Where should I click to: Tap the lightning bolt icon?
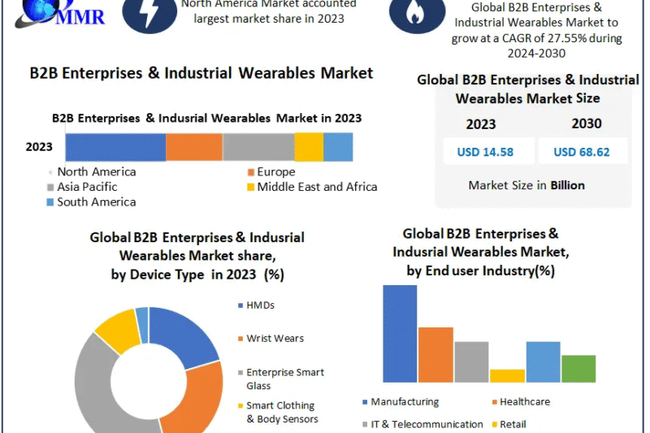149,14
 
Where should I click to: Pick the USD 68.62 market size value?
581,151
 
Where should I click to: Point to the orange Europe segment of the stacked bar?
194,147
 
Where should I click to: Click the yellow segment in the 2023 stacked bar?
309,147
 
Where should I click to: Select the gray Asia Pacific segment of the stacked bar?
258,147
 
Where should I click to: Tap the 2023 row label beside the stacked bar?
39,147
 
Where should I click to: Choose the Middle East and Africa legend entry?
316,187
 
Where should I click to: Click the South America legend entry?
96,201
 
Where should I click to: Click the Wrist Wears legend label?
275,338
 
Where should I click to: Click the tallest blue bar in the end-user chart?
400,333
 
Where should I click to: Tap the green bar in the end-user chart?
578,368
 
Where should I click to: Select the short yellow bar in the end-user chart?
507,375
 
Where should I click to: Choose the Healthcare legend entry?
524,401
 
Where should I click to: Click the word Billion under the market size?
567,185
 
